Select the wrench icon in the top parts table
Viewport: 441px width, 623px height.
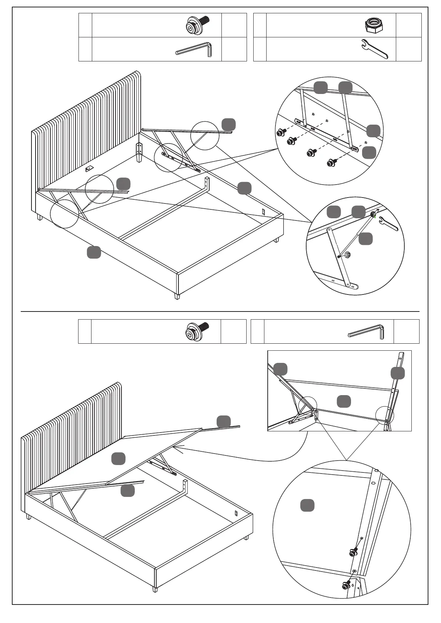click(x=374, y=49)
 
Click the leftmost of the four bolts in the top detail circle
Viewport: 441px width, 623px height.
click(x=281, y=132)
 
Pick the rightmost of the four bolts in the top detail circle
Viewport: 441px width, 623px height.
click(x=331, y=162)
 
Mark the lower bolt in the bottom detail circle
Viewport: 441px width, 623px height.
click(x=347, y=585)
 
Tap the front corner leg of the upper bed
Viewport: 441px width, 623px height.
click(x=177, y=296)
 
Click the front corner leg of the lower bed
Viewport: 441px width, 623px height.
click(x=155, y=588)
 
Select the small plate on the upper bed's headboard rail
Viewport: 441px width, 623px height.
click(x=89, y=169)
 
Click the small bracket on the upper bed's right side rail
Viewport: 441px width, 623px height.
click(x=263, y=212)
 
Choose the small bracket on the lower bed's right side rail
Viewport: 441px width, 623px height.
click(x=236, y=513)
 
